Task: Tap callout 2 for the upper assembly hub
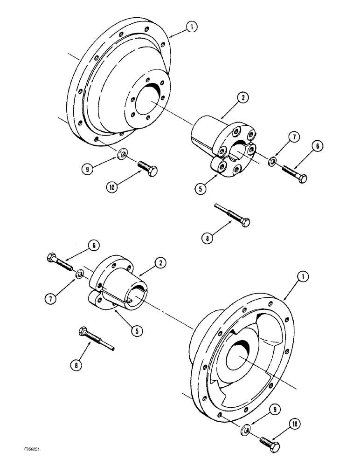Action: [x=244, y=99]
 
